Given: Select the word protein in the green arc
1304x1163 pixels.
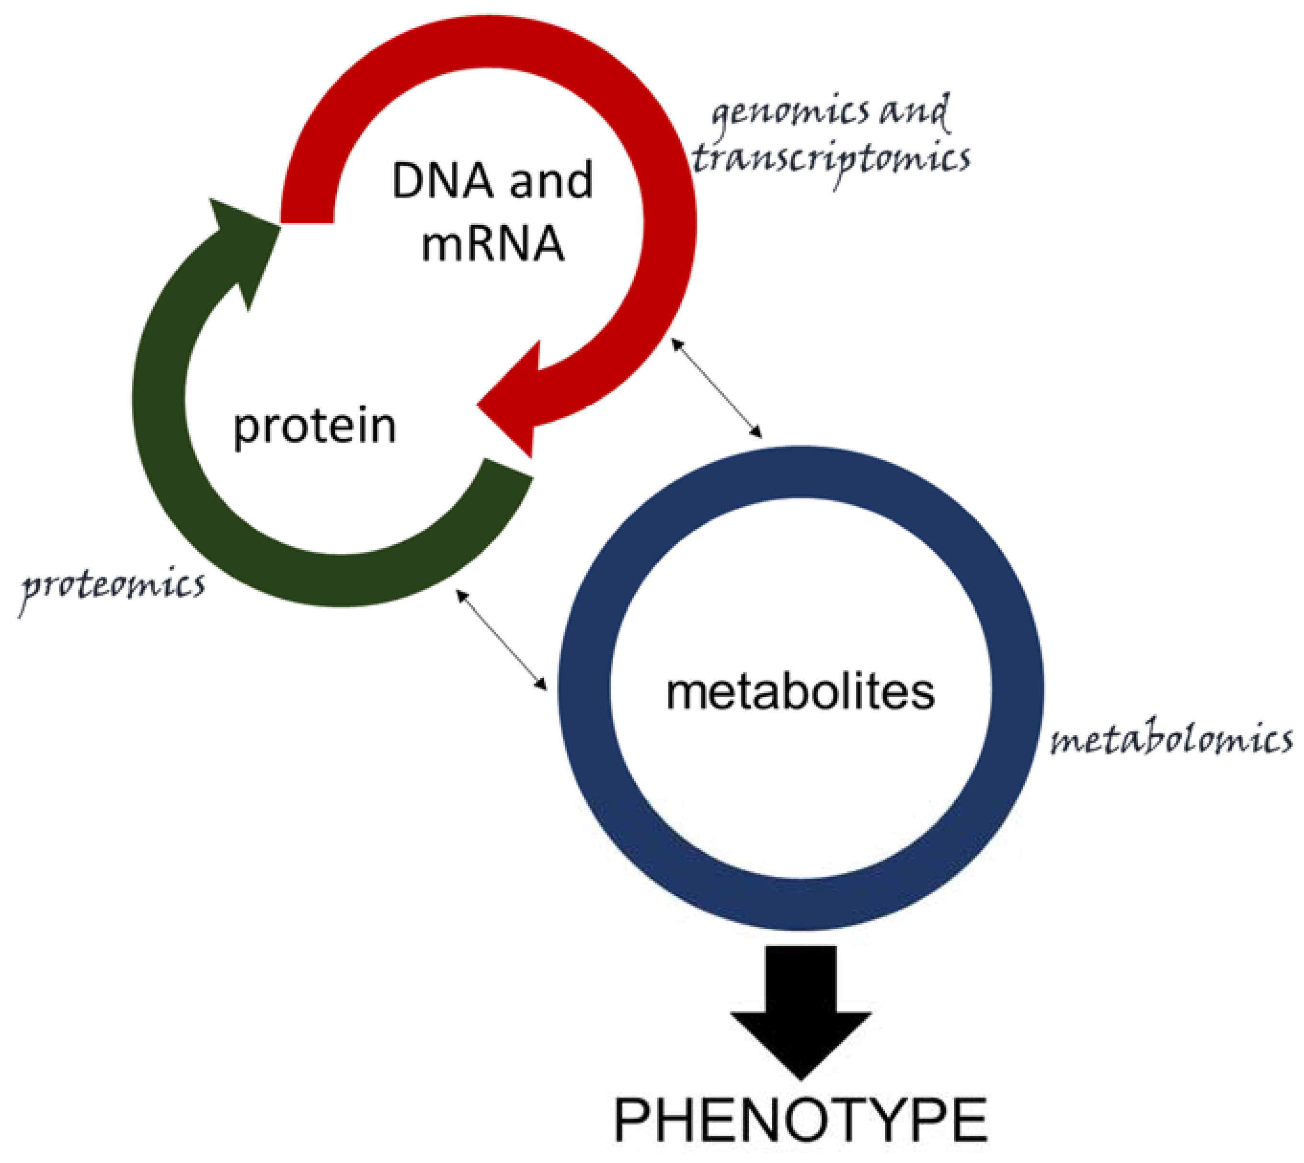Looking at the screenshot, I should [x=314, y=426].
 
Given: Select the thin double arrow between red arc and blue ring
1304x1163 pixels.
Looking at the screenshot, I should [x=716, y=388].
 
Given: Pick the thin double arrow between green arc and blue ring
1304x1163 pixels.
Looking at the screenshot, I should [x=501, y=639].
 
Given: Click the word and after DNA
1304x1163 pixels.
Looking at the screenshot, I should [x=550, y=181].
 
